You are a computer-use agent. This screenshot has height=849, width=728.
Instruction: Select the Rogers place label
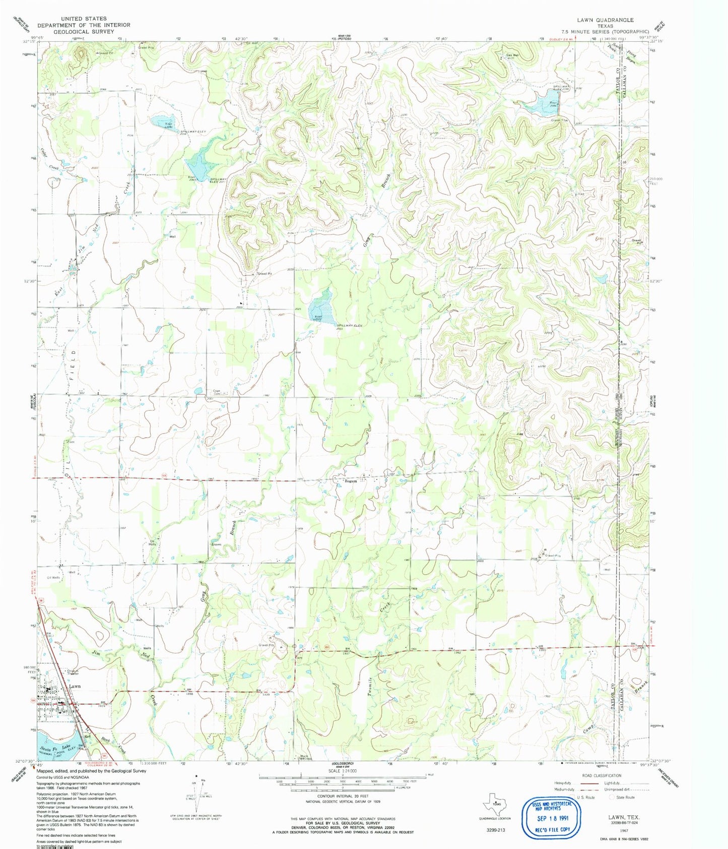(351, 481)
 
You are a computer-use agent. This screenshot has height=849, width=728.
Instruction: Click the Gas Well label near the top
(512, 55)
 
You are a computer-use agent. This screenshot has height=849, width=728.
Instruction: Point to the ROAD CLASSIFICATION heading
(592, 775)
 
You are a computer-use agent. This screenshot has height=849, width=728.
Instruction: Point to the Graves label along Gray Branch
(216, 544)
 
